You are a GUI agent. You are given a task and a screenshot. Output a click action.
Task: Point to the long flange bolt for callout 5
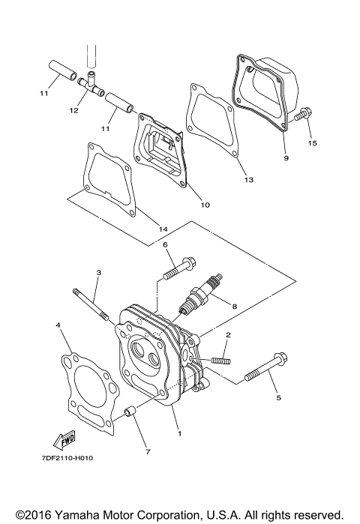(265, 368)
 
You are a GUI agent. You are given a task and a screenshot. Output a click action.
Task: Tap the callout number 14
(161, 228)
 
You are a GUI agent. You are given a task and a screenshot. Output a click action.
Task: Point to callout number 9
(286, 158)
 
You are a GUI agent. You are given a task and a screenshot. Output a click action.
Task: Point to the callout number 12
(73, 111)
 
